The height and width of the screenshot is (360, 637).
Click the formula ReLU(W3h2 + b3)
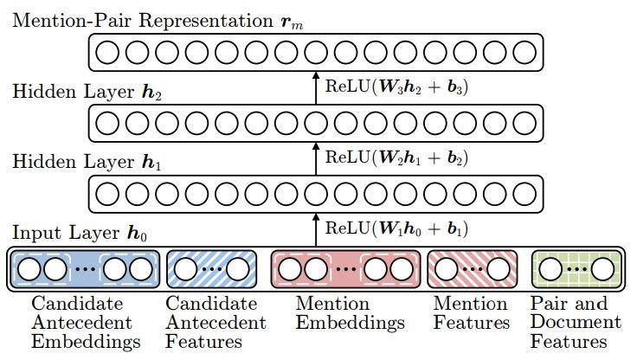tap(396, 87)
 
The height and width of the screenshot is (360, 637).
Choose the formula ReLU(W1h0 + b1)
tap(396, 229)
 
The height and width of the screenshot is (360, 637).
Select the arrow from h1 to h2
tap(315, 157)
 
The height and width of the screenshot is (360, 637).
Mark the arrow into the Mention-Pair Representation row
tap(315, 87)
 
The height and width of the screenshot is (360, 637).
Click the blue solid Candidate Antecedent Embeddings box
tap(85, 270)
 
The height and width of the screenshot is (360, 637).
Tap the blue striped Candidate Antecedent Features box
tap(210, 270)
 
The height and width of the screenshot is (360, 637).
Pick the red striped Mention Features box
tap(472, 270)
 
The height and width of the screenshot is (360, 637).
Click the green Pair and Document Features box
tap(576, 270)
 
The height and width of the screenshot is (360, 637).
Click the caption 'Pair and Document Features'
tap(576, 323)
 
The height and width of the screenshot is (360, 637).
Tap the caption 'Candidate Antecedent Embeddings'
tap(85, 323)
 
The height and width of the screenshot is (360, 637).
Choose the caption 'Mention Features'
tap(472, 314)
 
